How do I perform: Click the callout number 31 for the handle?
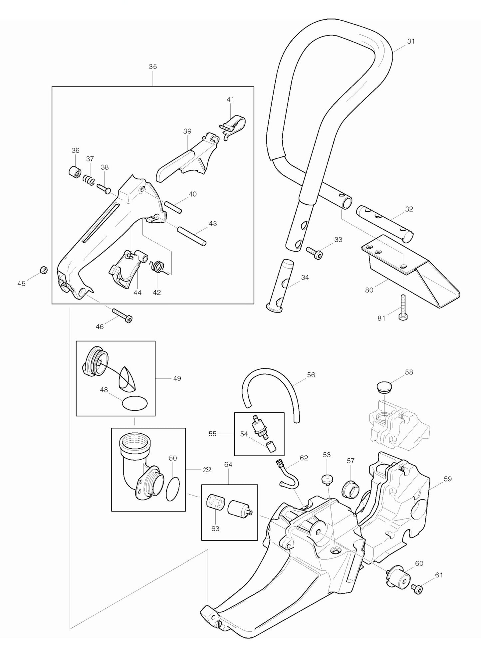click(x=411, y=41)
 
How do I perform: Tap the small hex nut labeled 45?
click(x=43, y=270)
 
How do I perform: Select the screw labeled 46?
click(x=122, y=315)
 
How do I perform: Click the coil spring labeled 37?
click(x=89, y=180)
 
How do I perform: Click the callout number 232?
click(x=207, y=470)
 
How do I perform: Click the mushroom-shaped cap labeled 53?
click(x=326, y=479)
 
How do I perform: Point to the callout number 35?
click(x=152, y=67)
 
